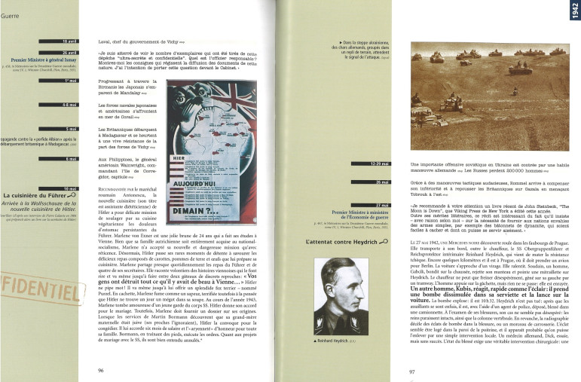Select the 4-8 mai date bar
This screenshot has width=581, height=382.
(69, 104)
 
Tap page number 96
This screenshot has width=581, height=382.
(100, 370)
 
